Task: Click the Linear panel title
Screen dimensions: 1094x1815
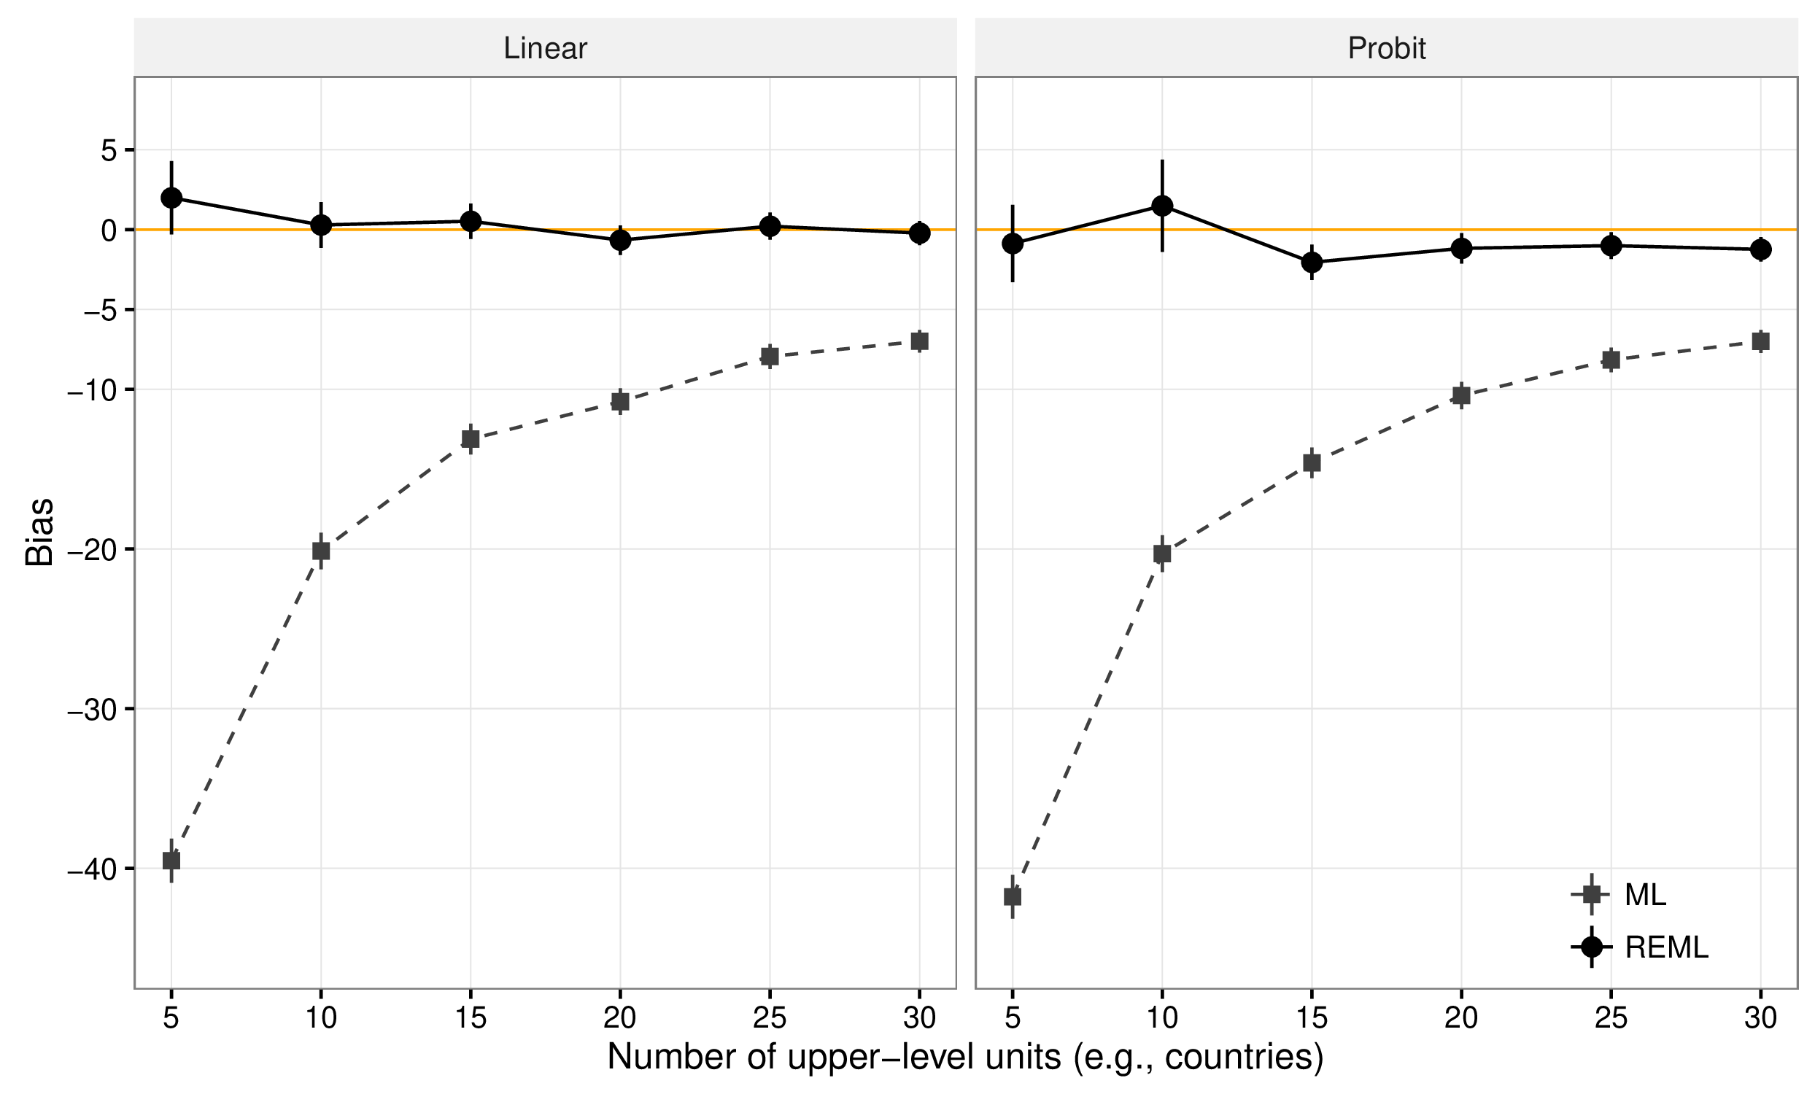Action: pyautogui.click(x=545, y=49)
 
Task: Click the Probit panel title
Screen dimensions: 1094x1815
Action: pyautogui.click(x=1386, y=49)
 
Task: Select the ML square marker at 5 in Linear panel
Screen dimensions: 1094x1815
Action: pyautogui.click(x=171, y=861)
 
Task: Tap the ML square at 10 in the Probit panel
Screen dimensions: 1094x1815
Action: pyautogui.click(x=1162, y=553)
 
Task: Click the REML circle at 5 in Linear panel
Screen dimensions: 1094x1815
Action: pyautogui.click(x=171, y=198)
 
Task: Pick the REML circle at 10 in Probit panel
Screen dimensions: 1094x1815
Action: pyautogui.click(x=1162, y=206)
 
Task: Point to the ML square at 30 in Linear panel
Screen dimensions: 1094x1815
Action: pyautogui.click(x=919, y=341)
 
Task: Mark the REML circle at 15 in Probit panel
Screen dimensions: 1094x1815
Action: pyautogui.click(x=1312, y=262)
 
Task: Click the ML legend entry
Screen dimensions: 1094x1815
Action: pyautogui.click(x=1644, y=894)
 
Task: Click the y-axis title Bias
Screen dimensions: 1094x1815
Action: pyautogui.click(x=40, y=532)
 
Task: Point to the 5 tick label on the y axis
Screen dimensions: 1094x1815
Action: pyautogui.click(x=109, y=150)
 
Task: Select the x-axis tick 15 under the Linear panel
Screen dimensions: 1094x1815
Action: pyautogui.click(x=471, y=1018)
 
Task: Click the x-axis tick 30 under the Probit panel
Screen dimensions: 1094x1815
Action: pyautogui.click(x=1760, y=1018)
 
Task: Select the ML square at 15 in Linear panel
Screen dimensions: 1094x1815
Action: pyautogui.click(x=471, y=439)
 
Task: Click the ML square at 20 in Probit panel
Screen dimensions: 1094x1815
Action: pyautogui.click(x=1461, y=395)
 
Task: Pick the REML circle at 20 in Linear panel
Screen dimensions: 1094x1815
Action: pyautogui.click(x=620, y=240)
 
